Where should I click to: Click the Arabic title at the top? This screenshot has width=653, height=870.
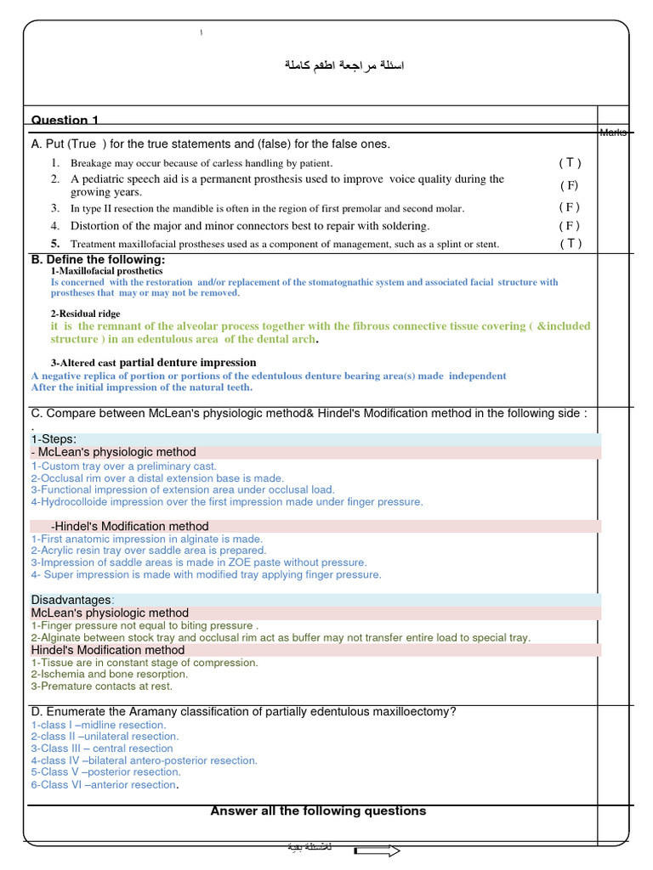[344, 66]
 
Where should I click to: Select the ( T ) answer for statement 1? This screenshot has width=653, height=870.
[570, 162]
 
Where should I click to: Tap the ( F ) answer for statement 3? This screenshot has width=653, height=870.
[570, 207]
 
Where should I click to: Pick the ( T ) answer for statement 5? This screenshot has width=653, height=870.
[571, 244]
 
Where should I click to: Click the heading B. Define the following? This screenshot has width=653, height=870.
[98, 259]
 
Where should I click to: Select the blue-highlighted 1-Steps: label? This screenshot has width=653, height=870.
[54, 439]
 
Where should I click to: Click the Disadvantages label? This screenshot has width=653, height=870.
[72, 600]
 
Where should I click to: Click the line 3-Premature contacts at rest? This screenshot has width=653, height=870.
[101, 686]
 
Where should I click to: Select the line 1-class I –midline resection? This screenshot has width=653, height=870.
[99, 725]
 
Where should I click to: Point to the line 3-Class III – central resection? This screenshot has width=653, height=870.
[102, 749]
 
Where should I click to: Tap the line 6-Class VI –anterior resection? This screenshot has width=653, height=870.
[105, 785]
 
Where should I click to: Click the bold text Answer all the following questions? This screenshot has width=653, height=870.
[318, 811]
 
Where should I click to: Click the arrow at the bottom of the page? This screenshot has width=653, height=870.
[377, 850]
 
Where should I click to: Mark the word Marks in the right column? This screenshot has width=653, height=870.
[613, 132]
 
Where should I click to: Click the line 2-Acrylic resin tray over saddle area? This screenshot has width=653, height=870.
[149, 551]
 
